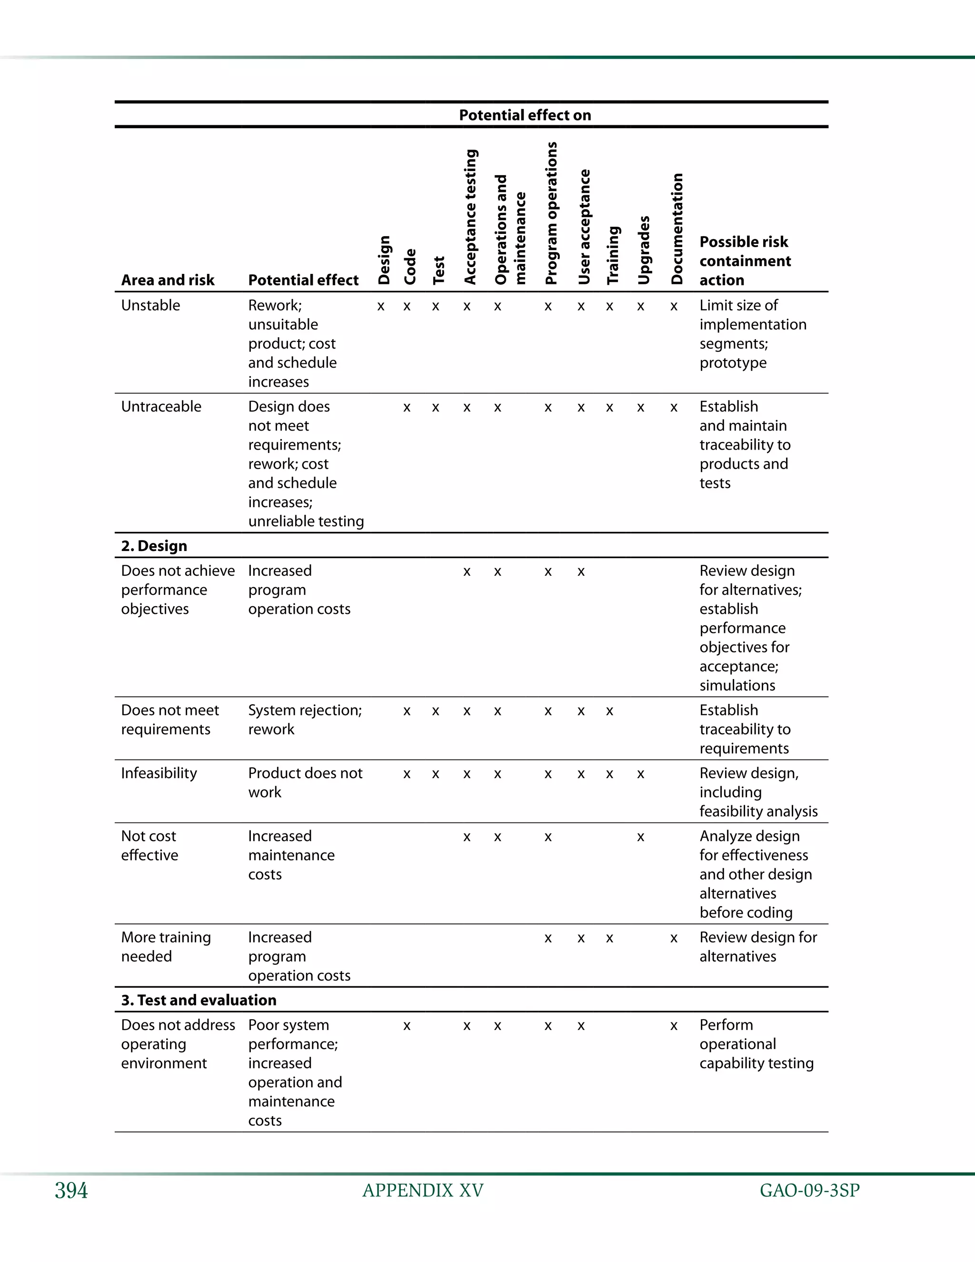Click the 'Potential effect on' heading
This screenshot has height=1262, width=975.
click(x=525, y=115)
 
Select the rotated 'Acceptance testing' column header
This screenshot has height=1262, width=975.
click(x=471, y=217)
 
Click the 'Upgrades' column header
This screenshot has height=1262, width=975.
click(x=644, y=250)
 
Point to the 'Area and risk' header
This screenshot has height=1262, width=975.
click(x=168, y=280)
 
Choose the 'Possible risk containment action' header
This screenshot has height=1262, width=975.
click(x=745, y=260)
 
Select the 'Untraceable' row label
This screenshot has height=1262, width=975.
click(x=161, y=406)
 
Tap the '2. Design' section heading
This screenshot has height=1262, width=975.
click(x=154, y=546)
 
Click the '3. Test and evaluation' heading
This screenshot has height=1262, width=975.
click(x=199, y=1000)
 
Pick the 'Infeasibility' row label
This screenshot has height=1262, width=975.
click(x=159, y=773)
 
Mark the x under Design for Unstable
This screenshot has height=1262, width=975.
click(x=381, y=307)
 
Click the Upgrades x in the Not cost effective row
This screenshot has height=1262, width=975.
click(x=641, y=837)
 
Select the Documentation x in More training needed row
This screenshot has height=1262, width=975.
click(x=674, y=939)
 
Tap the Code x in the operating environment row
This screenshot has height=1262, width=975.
click(x=407, y=1026)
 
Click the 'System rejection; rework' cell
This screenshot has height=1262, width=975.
click(x=304, y=720)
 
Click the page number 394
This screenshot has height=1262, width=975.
click(x=71, y=1191)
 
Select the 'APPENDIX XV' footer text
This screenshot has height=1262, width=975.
click(x=423, y=1191)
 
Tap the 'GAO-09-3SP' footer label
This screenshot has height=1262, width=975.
click(x=809, y=1191)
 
